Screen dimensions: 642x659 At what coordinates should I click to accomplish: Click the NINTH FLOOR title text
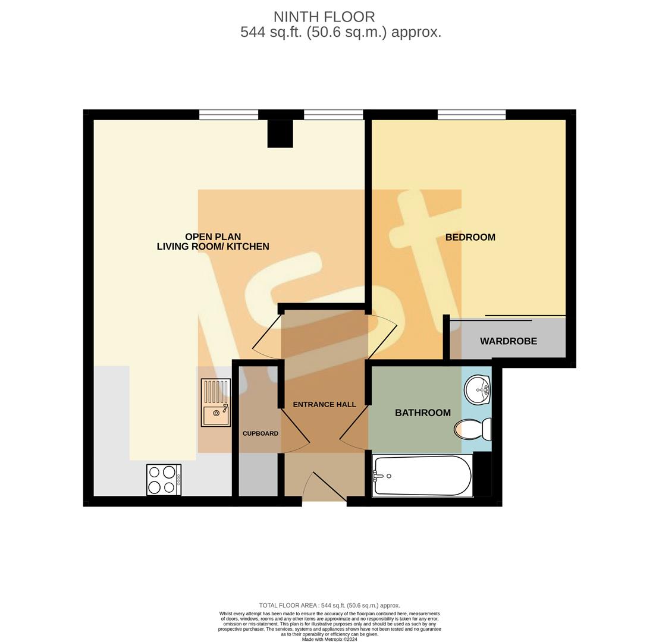(324, 17)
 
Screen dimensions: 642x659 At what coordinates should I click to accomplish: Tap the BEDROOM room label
(470, 237)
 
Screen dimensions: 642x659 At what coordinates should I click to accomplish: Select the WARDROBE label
(508, 341)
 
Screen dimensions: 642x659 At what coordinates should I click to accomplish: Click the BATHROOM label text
(422, 413)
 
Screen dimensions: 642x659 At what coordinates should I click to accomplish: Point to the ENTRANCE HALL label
(324, 404)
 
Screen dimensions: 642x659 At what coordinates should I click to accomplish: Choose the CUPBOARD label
(260, 433)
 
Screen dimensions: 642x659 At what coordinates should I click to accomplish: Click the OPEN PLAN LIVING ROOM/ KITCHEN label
(213, 241)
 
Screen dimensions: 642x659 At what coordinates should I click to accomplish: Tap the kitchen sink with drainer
(215, 402)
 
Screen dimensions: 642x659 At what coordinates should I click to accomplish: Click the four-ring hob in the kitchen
(164, 479)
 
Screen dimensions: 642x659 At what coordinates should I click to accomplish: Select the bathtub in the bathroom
(422, 476)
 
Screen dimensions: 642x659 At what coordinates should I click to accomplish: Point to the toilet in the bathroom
(473, 429)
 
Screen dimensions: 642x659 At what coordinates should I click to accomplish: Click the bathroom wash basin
(477, 390)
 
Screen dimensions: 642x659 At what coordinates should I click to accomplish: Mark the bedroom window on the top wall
(471, 115)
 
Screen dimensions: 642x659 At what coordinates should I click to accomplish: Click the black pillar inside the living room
(280, 134)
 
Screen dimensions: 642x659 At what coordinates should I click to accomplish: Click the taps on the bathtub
(377, 475)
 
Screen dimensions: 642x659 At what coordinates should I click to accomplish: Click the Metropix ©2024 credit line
(329, 640)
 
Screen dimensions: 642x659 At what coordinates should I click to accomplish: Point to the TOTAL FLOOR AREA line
(329, 605)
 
